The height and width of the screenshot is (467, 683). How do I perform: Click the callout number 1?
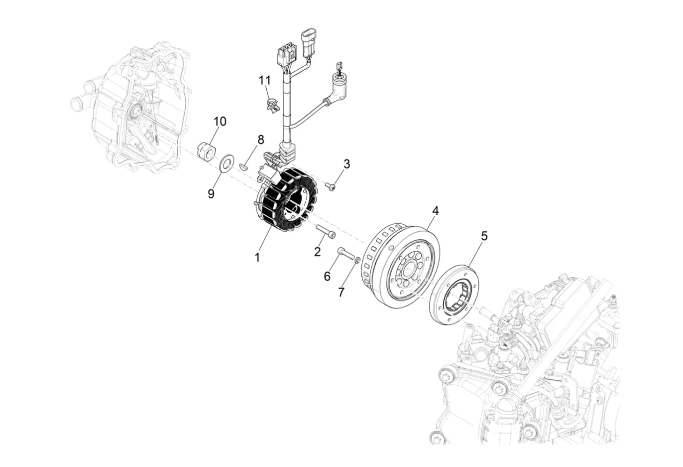[257, 258]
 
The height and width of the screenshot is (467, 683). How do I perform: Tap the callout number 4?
[435, 211]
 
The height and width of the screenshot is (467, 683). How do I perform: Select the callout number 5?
[484, 236]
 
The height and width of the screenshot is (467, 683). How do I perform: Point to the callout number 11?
[264, 80]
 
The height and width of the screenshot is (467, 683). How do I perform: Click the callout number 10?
[220, 121]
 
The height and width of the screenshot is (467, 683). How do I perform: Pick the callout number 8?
[260, 140]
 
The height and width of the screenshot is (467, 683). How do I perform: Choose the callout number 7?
[341, 292]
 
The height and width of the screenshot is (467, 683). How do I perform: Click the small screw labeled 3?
[331, 186]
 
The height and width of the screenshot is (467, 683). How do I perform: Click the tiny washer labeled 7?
[358, 259]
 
